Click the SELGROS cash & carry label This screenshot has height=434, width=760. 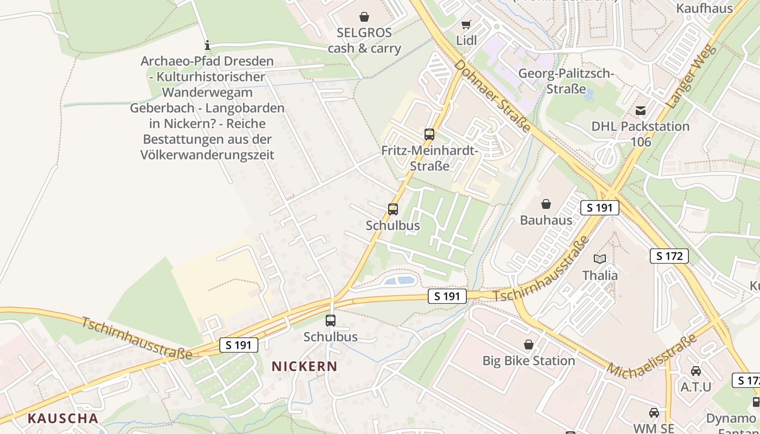click(364, 40)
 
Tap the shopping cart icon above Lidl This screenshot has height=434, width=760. click(466, 24)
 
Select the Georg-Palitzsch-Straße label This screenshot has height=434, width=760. click(566, 81)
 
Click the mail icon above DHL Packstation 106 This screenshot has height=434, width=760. click(641, 111)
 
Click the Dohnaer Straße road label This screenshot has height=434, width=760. click(492, 96)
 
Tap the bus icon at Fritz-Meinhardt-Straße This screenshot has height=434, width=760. click(429, 134)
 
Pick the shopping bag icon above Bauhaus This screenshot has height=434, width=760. click(546, 204)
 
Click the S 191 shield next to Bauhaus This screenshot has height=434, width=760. click(599, 208)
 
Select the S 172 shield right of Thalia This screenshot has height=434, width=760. click(669, 256)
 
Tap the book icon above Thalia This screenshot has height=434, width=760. click(600, 259)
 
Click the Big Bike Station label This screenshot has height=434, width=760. click(528, 360)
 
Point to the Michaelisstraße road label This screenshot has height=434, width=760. click(651, 357)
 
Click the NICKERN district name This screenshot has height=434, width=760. click(305, 366)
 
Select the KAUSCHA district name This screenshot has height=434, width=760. click(63, 418)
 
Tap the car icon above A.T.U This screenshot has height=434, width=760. click(695, 371)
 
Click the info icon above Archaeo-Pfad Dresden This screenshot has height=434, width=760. click(207, 45)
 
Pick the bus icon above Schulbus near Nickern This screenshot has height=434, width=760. click(331, 320)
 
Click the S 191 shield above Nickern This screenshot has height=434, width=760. click(238, 345)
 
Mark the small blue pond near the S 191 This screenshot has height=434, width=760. click(399, 280)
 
